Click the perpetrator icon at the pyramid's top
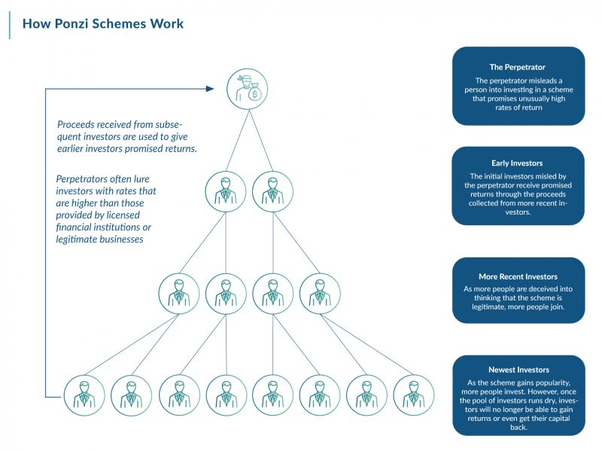coord(248,89)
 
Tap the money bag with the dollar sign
coord(254,93)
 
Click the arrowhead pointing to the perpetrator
coord(210,89)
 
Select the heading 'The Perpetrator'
coord(517,67)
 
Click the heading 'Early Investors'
coord(517,163)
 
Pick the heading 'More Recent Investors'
coord(518,276)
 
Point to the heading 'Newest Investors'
coord(518,370)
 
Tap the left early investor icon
coord(225,191)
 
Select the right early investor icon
coord(272,191)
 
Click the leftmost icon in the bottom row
coord(84,396)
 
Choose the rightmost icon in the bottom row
coord(413,396)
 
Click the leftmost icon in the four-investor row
coord(179,294)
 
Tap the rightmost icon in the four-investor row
coord(320,294)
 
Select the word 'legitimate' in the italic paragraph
coord(77,239)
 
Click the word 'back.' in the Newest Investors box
coord(518,427)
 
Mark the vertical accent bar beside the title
coord(9,25)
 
